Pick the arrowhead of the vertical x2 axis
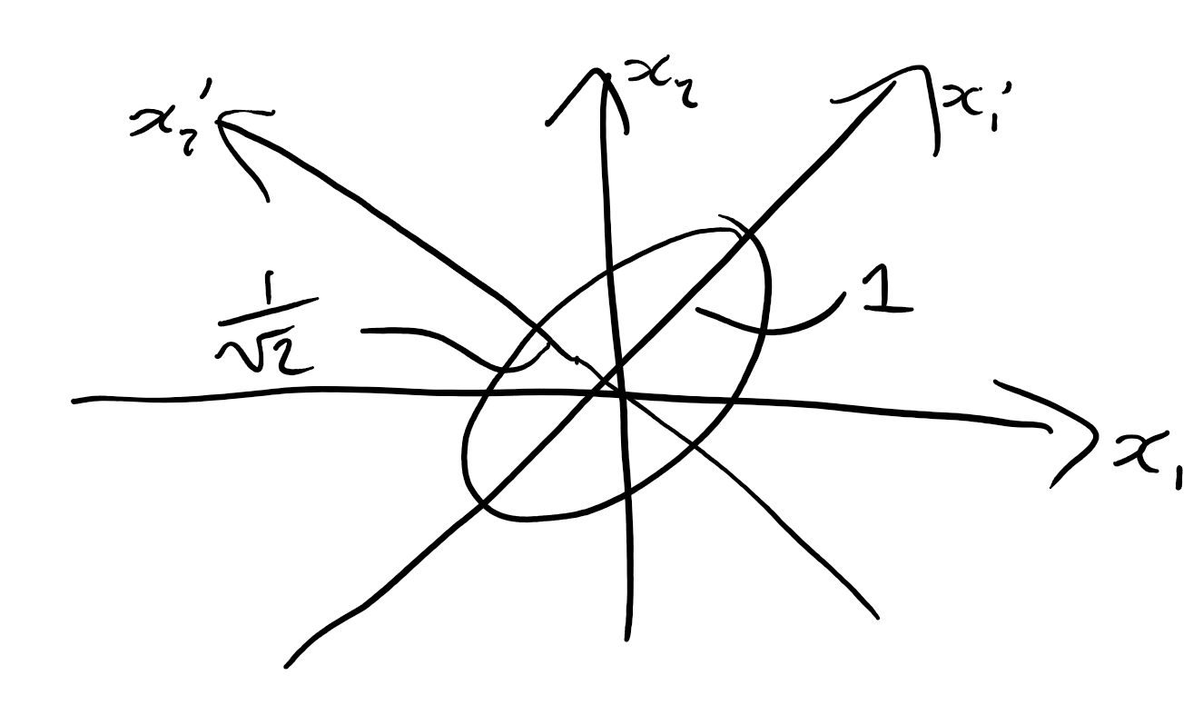click(596, 77)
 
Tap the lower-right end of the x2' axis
click(877, 619)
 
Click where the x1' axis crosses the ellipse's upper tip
click(747, 235)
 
